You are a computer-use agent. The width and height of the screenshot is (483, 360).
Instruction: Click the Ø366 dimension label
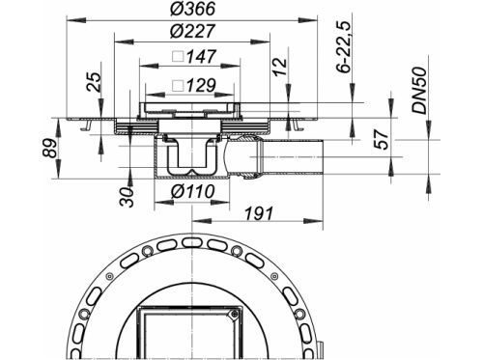pyautogui.click(x=192, y=9)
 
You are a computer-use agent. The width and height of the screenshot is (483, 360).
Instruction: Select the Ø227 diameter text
pyautogui.click(x=192, y=31)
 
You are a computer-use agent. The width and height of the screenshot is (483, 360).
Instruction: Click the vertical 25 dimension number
pyautogui.click(x=95, y=82)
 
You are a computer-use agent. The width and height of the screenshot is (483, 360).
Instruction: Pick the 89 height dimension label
pyautogui.click(x=50, y=148)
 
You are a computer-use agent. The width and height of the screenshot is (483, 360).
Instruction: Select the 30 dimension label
pyautogui.click(x=127, y=197)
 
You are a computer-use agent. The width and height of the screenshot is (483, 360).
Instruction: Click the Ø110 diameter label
pyautogui.click(x=192, y=192)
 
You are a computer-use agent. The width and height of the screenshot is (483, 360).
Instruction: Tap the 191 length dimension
pyautogui.click(x=259, y=213)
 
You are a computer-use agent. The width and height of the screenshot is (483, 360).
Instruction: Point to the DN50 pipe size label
pyautogui.click(x=420, y=91)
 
